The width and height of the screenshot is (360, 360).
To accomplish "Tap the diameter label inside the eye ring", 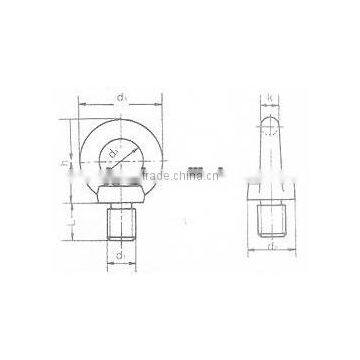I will coord(118,152).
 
